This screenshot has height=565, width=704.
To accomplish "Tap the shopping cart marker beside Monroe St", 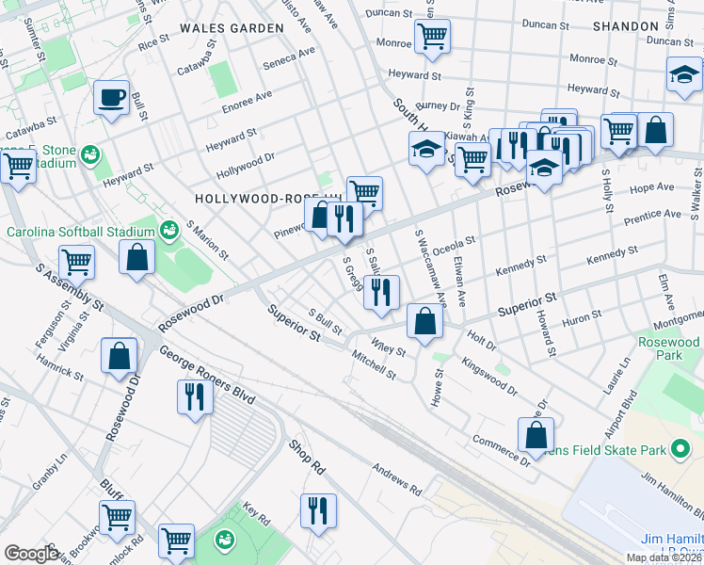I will point(432,39).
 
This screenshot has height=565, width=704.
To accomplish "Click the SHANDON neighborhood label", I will point(625,26).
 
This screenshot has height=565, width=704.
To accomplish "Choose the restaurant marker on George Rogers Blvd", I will point(195,397).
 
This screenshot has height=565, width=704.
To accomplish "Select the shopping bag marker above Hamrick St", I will point(120,358).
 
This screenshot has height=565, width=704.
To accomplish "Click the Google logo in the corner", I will point(31,553).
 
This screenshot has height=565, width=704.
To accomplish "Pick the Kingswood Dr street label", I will point(488,374).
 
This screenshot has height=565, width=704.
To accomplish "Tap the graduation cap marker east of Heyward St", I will point(683,77).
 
